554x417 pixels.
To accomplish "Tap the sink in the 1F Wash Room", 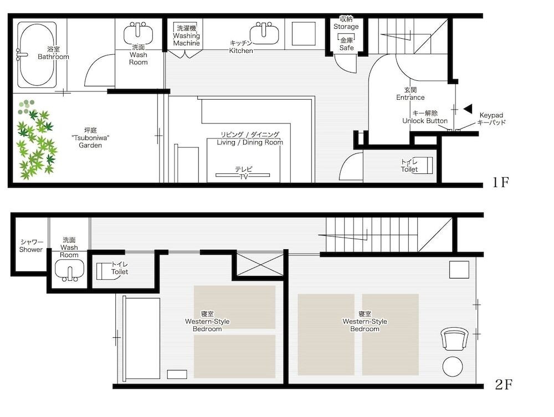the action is (138, 34).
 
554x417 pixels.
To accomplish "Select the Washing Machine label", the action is (186, 35).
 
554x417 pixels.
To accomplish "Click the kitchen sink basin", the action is (264, 34).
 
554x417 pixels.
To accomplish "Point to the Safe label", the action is (346, 44).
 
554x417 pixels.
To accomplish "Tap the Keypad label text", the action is (491, 119).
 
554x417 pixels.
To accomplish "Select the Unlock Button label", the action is (425, 117).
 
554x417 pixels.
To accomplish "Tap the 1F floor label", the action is (500, 182).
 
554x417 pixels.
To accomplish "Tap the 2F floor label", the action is (504, 384).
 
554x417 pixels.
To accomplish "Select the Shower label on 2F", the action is (31, 246).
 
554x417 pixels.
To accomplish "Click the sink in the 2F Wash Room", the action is (69, 270).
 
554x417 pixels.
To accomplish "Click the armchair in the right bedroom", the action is (455, 338).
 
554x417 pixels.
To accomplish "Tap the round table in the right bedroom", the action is (453, 367).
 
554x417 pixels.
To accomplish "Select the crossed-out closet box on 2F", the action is (260, 265).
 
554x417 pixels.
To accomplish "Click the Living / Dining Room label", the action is (250, 138).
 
